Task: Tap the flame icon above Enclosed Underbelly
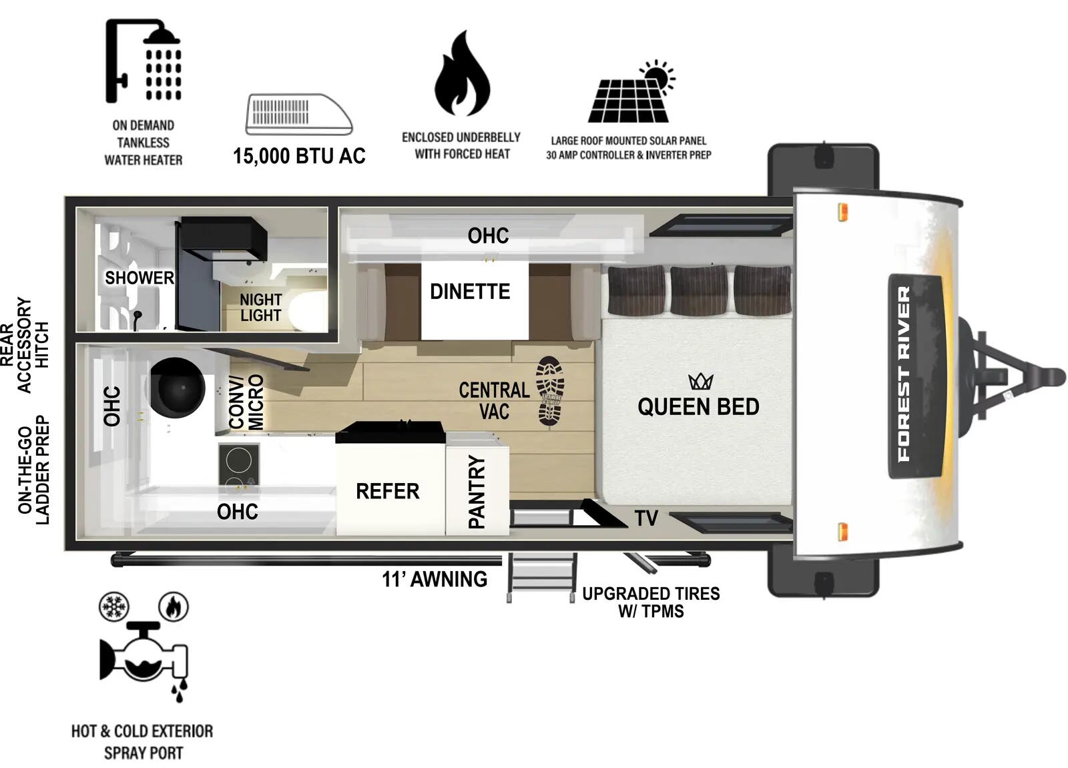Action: pyautogui.click(x=462, y=75)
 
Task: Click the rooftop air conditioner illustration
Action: pyautogui.click(x=298, y=114)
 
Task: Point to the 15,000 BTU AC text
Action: pyautogui.click(x=299, y=156)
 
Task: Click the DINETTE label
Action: pyautogui.click(x=470, y=292)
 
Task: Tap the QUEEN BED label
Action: pyautogui.click(x=698, y=407)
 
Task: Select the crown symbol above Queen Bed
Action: pyautogui.click(x=701, y=382)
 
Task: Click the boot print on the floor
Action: pyautogui.click(x=550, y=391)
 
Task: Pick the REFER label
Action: pyautogui.click(x=387, y=492)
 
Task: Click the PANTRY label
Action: pyautogui.click(x=477, y=492)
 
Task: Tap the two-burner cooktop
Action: pyautogui.click(x=238, y=464)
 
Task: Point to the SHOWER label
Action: pyautogui.click(x=139, y=278)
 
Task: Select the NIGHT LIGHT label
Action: pyautogui.click(x=260, y=308)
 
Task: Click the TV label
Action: pyautogui.click(x=646, y=518)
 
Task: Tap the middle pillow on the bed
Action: pyautogui.click(x=699, y=290)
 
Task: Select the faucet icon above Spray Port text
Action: pyautogui.click(x=144, y=657)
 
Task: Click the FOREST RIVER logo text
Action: pyautogui.click(x=904, y=374)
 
